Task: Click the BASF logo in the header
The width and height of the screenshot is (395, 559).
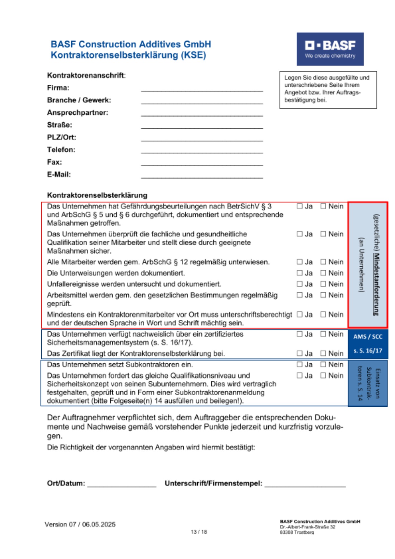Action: [x=330, y=49]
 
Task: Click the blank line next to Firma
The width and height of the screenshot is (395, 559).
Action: [x=202, y=89]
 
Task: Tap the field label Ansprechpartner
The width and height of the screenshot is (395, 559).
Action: [x=77, y=113]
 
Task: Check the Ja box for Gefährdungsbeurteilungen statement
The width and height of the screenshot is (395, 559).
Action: [x=300, y=206]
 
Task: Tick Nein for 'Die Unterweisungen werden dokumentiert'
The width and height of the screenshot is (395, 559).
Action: [x=323, y=273]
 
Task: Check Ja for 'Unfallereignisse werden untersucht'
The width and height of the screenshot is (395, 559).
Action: [x=300, y=284]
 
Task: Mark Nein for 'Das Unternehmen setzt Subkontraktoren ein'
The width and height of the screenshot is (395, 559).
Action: [x=323, y=364]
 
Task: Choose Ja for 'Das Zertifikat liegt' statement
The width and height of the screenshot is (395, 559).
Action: [x=300, y=353]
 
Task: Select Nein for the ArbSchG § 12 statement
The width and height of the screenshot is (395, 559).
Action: [x=323, y=262]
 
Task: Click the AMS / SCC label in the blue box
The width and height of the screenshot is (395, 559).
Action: [x=368, y=337]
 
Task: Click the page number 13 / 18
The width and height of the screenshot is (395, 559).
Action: [x=199, y=532]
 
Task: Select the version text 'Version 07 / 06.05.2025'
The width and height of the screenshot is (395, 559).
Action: [x=80, y=524]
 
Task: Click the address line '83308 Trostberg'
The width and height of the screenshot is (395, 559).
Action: [x=297, y=532]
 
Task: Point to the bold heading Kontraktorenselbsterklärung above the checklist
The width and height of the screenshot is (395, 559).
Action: [x=97, y=195]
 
